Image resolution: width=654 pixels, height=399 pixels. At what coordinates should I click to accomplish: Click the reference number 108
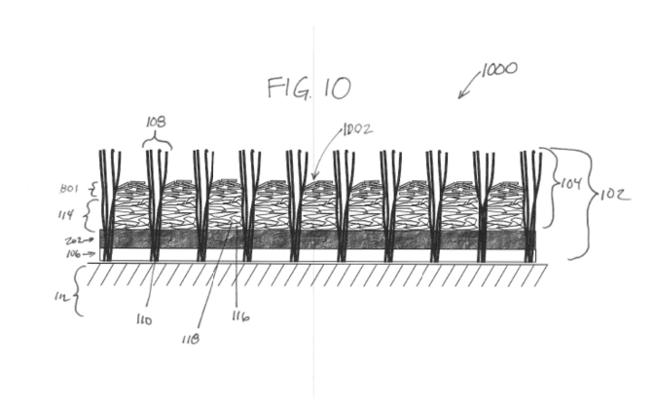(x=156, y=124)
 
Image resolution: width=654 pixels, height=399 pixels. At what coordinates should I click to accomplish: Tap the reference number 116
(x=241, y=317)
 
